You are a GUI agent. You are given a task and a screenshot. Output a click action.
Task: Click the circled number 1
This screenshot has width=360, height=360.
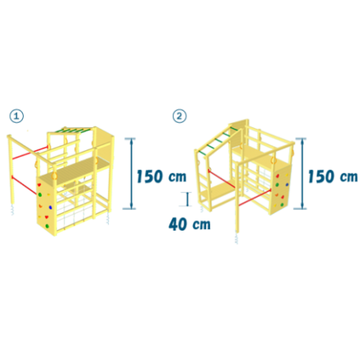pos(17,116)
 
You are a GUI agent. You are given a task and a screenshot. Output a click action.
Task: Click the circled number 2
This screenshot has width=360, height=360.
pos(179,116)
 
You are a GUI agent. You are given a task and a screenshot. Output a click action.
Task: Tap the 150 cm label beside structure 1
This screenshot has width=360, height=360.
pos(162,176)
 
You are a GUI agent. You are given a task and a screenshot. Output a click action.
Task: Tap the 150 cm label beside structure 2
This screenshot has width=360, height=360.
pos(332,176)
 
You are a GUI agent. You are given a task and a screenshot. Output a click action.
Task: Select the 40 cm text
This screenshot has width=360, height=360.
pos(190,224)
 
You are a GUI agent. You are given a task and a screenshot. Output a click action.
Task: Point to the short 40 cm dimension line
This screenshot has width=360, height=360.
pos(188,199)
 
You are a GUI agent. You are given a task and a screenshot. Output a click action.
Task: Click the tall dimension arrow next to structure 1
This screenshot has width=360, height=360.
pos(132,174)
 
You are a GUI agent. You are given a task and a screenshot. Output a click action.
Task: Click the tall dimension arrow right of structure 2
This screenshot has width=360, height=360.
pos(302,174)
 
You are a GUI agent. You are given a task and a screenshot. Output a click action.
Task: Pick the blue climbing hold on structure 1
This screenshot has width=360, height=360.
pos(51,208)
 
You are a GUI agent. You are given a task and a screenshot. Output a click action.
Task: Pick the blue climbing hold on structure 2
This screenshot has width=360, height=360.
pos(287,185)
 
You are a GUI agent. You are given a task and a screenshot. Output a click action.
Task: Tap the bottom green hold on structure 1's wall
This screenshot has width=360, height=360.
pos(47,226)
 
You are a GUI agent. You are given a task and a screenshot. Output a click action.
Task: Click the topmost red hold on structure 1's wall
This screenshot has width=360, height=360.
pos(39,185)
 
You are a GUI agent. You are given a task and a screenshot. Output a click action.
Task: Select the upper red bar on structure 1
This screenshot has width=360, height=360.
pos(30,152)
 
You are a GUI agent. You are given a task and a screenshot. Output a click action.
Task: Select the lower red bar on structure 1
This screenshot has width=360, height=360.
pos(25,185)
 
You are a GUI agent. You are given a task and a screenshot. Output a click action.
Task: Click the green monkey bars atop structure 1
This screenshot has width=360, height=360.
pos(74,131)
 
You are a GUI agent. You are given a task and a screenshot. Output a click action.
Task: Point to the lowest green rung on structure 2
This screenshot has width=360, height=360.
pos(203,152)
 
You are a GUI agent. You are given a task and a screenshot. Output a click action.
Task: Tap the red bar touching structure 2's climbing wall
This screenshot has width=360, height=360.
pos(254,198)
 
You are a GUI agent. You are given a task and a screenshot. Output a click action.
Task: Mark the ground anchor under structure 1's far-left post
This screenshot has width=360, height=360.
pos(12,210)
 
